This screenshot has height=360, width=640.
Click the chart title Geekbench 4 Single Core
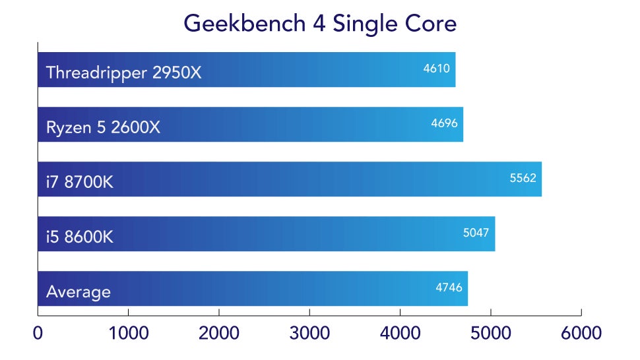pos(320,23)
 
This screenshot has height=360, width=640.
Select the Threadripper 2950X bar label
pos(123,73)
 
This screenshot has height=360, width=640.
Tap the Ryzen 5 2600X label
pos(103,127)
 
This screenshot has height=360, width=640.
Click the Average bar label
pos(79,291)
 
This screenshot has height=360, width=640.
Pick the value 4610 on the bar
pos(436,67)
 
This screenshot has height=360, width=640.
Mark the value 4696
pos(444,122)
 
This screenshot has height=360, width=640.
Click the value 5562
pos(523,177)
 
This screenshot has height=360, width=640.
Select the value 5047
pos(476,231)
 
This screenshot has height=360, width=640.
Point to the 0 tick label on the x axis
pos(38,333)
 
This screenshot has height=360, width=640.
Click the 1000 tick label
pos(129,333)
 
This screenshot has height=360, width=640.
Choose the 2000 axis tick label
pos(219,333)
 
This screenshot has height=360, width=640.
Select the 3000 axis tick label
pos(309,333)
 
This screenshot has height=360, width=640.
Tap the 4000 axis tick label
pos(400,333)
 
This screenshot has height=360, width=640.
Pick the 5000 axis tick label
pos(490,333)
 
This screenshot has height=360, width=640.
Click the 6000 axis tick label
pos(581,333)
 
